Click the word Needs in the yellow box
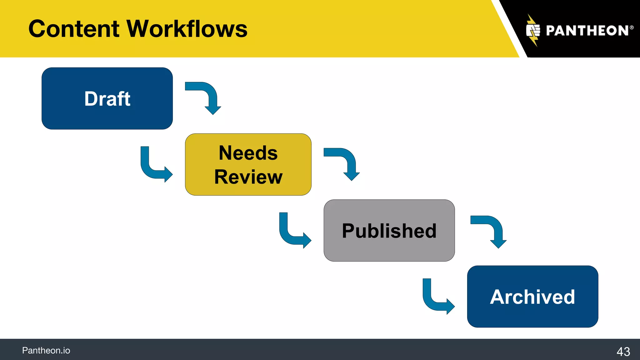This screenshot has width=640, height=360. (248, 153)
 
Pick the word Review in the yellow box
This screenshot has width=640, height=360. (248, 177)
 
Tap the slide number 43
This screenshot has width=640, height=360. (623, 352)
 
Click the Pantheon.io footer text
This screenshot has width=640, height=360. (46, 351)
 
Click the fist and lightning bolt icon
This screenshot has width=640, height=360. (533, 31)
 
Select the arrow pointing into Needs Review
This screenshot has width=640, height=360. (153, 169)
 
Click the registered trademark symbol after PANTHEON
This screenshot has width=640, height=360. (632, 27)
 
